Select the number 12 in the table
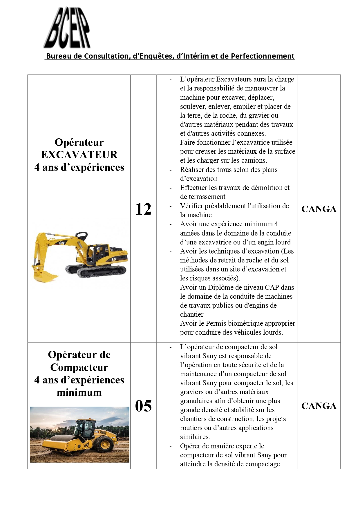[143, 209]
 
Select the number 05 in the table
[143, 406]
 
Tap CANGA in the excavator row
[319, 209]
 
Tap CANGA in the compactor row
[319, 406]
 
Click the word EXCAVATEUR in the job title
[79, 155]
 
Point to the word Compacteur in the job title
[79, 367]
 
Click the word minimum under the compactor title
[79, 392]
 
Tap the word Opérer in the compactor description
[190, 446]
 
